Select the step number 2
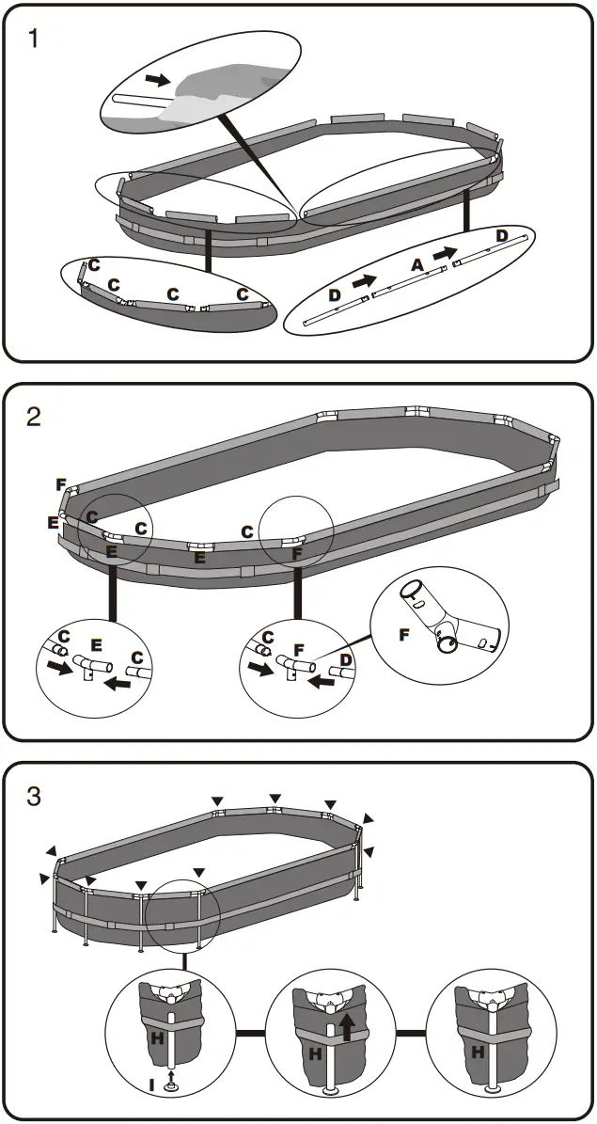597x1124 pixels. (35, 417)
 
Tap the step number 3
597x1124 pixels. (35, 797)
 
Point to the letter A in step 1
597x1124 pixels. (417, 266)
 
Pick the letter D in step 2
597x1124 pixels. (346, 660)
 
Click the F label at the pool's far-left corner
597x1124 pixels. (60, 485)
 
